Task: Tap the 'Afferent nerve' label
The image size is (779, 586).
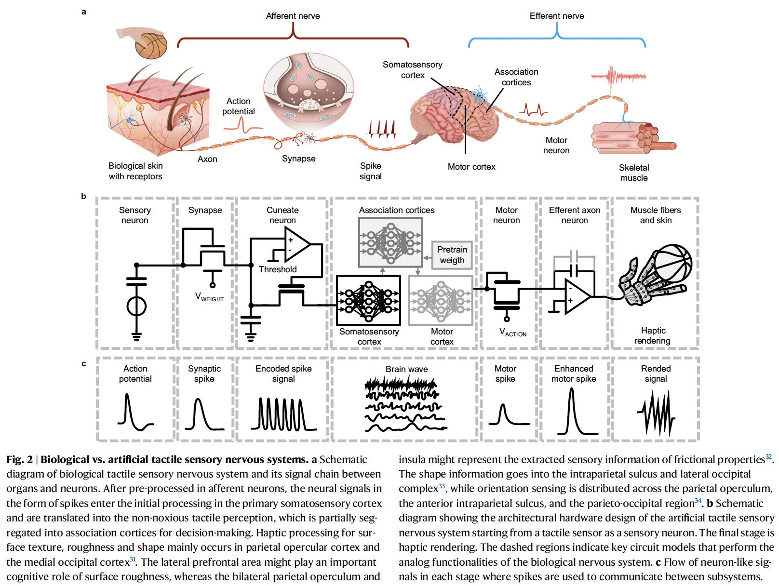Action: (x=293, y=16)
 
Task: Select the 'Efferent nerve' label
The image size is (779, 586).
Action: (x=556, y=16)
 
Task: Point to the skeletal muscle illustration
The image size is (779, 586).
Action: (x=632, y=137)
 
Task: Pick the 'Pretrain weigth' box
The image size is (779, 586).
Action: (x=452, y=255)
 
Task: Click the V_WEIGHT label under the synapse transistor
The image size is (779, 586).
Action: (x=209, y=297)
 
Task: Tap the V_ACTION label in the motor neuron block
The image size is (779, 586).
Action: (x=512, y=332)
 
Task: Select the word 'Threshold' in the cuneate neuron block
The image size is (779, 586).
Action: (x=278, y=269)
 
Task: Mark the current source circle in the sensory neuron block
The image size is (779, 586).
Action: (x=136, y=306)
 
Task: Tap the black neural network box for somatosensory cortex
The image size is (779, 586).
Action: (x=368, y=300)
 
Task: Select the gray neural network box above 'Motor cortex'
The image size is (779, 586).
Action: (x=441, y=300)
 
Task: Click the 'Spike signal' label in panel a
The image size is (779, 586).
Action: (x=370, y=171)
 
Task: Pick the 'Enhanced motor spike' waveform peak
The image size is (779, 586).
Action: (x=572, y=391)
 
